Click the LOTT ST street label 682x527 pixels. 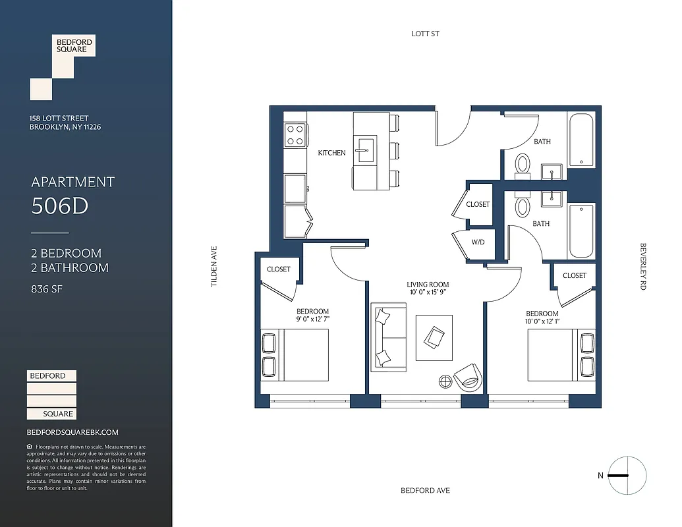(x=425, y=34)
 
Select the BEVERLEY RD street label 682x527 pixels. (x=643, y=267)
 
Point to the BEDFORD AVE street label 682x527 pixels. (x=426, y=491)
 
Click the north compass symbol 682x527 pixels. (x=627, y=476)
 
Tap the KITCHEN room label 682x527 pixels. (x=331, y=153)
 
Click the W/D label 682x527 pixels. (x=478, y=242)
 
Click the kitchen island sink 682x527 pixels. (x=364, y=150)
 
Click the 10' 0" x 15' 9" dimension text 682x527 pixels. (x=428, y=292)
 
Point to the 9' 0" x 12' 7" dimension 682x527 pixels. (x=312, y=319)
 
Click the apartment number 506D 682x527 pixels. (x=60, y=206)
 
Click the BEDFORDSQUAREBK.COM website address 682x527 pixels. (x=72, y=432)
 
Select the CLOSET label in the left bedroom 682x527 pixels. (x=279, y=269)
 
